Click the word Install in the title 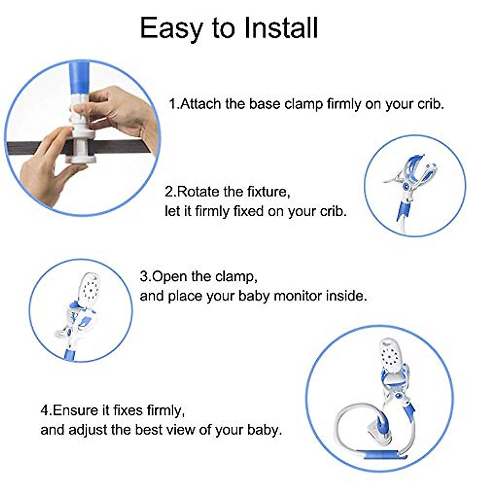281,28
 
